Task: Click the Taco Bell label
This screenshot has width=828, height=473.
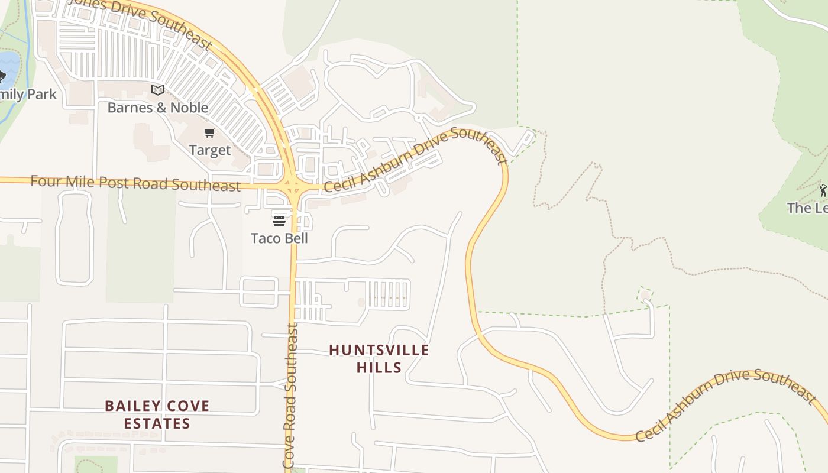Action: [x=279, y=238]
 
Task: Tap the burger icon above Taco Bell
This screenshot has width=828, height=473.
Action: [x=279, y=221]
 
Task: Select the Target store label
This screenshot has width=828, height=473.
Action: [x=210, y=150]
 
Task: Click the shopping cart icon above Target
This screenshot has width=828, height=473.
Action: [x=210, y=133]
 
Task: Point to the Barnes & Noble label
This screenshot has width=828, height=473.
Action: [x=158, y=108]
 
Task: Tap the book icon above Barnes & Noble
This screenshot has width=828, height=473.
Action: [x=157, y=90]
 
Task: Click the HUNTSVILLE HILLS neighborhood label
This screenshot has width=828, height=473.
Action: [x=379, y=358]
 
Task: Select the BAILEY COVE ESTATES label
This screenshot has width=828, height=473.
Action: [x=157, y=414]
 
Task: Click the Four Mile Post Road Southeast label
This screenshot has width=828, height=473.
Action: [x=135, y=183]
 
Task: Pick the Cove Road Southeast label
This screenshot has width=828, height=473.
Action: [x=290, y=396]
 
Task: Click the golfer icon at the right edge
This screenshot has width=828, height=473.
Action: [x=823, y=190]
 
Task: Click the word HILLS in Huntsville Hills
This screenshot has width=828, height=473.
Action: [x=379, y=367]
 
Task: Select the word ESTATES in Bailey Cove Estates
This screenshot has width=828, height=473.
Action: [x=157, y=423]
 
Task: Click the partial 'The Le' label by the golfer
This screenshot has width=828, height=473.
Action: [x=808, y=208]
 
